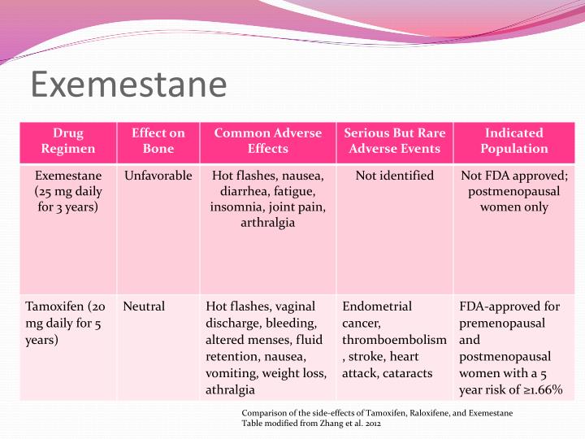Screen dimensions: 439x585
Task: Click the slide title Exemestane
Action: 128,85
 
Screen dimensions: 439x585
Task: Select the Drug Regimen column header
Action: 68,141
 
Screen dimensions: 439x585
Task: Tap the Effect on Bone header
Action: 158,141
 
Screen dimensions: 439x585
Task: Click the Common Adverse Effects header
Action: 268,141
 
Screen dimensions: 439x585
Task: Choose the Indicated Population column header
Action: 513,141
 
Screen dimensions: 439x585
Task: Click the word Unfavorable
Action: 158,176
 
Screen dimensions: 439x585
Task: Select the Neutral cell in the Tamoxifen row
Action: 144,306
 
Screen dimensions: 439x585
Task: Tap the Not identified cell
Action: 394,176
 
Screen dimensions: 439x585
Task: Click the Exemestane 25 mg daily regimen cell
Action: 68,191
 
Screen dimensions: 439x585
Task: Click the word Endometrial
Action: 377,306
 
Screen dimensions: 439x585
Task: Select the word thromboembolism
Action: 394,340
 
